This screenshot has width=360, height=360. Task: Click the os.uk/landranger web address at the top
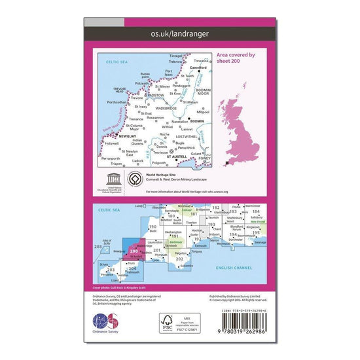[x=179, y=31]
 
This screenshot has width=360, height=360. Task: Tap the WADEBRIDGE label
[x=167, y=108]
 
